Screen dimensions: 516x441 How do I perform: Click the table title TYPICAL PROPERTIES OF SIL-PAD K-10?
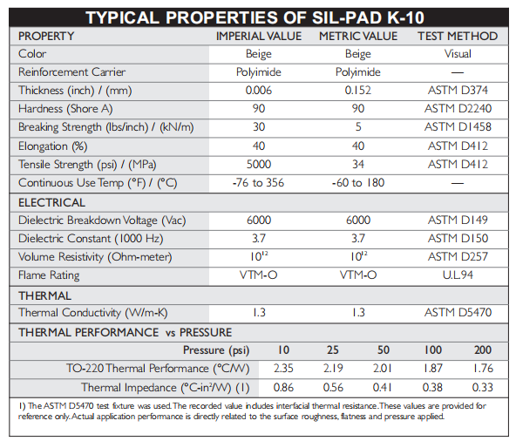(255, 17)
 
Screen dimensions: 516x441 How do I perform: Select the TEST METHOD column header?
(458, 36)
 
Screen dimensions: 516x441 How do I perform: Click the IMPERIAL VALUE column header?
(259, 36)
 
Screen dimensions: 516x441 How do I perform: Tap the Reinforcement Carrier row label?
(71, 71)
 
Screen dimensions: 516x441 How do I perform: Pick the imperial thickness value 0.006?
(259, 90)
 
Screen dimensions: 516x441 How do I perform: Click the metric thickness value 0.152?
(358, 90)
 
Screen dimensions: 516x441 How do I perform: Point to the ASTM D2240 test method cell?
(458, 108)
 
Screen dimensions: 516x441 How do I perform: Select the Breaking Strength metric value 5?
(358, 126)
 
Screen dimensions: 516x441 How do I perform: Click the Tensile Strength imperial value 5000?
(259, 164)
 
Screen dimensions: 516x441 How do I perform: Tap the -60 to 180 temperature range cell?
(358, 183)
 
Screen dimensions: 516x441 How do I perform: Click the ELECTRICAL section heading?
(51, 202)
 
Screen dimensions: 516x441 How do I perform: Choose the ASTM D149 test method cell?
(458, 220)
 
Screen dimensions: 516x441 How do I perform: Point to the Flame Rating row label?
(49, 275)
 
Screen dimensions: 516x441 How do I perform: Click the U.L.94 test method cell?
(458, 275)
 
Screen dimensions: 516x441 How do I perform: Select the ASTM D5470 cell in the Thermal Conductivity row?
(458, 312)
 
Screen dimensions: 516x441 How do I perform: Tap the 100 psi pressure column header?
(433, 349)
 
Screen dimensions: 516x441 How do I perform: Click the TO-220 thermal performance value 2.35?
(283, 369)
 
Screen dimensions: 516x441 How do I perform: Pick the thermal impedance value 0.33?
(482, 387)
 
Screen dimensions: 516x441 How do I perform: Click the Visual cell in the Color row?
(458, 54)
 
